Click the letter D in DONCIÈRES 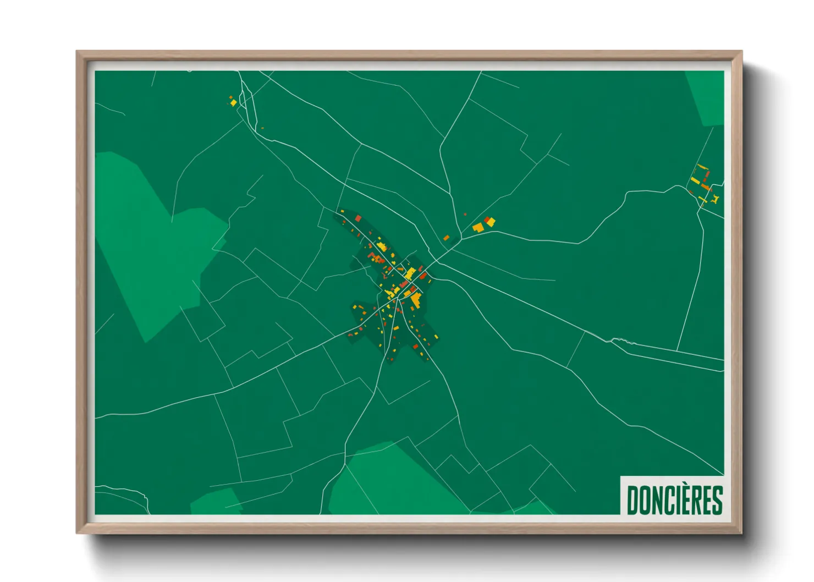point(632,500)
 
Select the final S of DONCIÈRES point(717,500)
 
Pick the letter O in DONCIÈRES point(645,500)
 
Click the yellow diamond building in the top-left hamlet point(233,103)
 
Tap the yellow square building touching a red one point(491,222)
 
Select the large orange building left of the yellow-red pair point(478,227)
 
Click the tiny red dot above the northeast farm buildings point(465,214)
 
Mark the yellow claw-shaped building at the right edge point(715,199)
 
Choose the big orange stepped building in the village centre point(416,300)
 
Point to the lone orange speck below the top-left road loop point(262,128)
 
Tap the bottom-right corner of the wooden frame point(741,532)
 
